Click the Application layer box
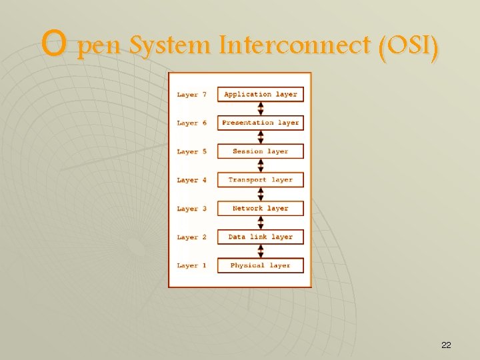click(261, 95)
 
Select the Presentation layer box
click(261, 123)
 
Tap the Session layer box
click(261, 151)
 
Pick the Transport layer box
click(261, 180)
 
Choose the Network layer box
click(261, 209)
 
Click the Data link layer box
click(261, 237)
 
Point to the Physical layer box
click(261, 265)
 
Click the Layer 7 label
click(192, 95)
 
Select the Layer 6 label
click(192, 123)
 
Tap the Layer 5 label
click(192, 152)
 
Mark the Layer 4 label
click(192, 181)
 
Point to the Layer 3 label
click(192, 209)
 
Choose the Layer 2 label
click(192, 237)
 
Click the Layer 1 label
click(192, 266)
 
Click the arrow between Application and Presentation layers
click(261, 109)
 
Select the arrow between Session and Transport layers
click(261, 166)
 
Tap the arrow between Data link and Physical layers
click(261, 251)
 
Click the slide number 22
click(446, 345)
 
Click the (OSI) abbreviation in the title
click(408, 46)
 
